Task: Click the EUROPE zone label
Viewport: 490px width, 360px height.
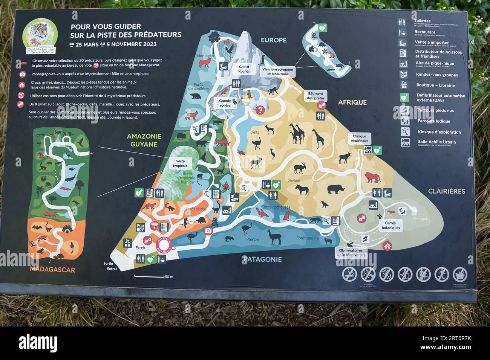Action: click(x=274, y=40)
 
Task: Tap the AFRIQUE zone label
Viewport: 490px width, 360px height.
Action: click(x=352, y=102)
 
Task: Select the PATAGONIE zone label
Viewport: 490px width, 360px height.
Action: click(x=262, y=259)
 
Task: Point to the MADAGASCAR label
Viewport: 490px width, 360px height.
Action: click(x=52, y=270)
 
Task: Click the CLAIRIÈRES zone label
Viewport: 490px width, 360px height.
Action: click(x=446, y=191)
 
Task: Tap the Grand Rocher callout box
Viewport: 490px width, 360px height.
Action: click(x=244, y=69)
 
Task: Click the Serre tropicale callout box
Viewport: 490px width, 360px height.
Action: click(x=180, y=163)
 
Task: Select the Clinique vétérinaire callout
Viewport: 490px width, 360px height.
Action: click(x=359, y=139)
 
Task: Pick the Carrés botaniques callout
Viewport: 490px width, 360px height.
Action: click(x=390, y=225)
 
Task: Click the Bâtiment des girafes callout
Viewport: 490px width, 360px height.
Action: click(x=315, y=96)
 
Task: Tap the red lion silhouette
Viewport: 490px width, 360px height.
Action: click(x=372, y=178)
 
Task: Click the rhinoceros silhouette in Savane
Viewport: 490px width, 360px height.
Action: click(x=335, y=189)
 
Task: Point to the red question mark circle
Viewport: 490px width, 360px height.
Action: click(x=260, y=110)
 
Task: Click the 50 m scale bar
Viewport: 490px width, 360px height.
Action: click(x=149, y=276)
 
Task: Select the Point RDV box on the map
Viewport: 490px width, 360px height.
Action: click(x=141, y=227)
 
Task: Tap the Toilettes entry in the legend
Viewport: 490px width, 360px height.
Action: click(x=422, y=21)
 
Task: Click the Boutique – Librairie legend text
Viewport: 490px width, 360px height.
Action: click(x=435, y=85)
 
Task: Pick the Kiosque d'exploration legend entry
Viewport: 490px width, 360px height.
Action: click(x=439, y=132)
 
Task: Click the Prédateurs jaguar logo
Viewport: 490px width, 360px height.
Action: click(x=40, y=36)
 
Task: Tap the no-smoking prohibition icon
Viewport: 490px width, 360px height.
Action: click(x=349, y=274)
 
